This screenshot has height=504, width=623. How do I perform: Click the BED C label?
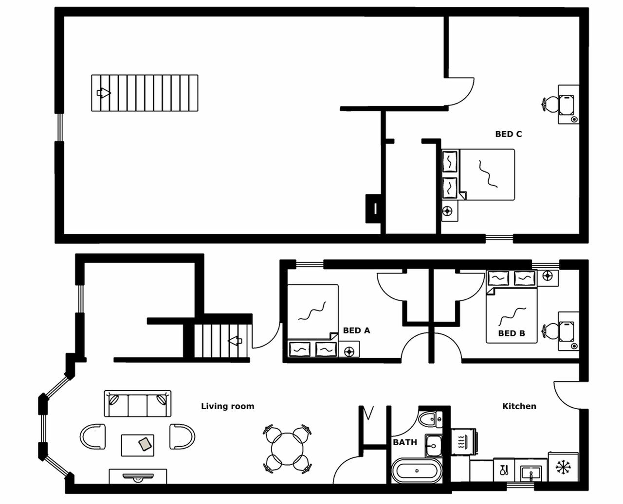coord(508,134)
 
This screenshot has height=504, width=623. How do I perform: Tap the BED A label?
coord(356,330)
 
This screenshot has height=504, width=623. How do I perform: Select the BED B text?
coord(511,333)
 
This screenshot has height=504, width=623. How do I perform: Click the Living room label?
coord(227,406)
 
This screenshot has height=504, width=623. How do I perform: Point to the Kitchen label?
coord(519,406)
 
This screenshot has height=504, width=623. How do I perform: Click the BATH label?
coord(404,442)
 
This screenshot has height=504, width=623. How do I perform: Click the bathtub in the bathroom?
coord(417,471)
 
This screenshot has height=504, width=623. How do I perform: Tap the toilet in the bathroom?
coord(430,419)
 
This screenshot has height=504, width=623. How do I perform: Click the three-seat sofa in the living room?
coord(137,403)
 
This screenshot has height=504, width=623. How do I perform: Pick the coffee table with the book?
coord(138,445)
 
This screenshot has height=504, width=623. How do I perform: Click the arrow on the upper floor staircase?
coord(104,93)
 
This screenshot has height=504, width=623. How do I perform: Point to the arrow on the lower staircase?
coord(236,340)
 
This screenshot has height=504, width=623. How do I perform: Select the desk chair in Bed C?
coord(551,104)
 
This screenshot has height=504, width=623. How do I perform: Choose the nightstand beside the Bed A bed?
coord(349,351)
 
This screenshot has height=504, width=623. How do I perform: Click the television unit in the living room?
coord(138,476)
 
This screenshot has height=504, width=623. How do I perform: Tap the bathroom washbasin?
coord(433,445)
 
